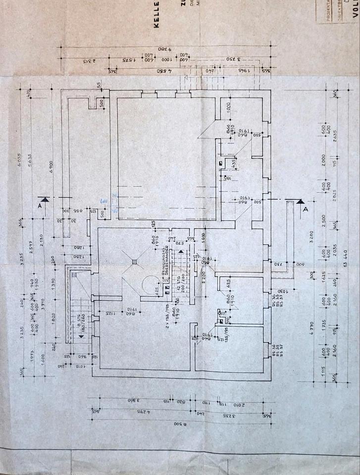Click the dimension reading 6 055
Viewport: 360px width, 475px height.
tap(20, 155)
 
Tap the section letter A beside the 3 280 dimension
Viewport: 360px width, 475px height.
tap(306, 209)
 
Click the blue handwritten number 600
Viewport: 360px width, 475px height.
tap(104, 203)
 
